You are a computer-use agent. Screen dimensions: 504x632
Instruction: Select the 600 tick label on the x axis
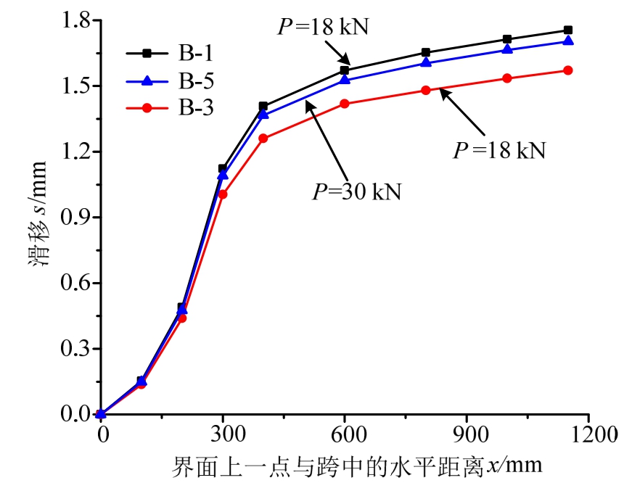click(x=344, y=434)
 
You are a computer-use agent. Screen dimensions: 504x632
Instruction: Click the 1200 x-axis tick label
click(x=588, y=434)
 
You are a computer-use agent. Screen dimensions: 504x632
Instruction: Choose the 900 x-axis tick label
click(x=466, y=434)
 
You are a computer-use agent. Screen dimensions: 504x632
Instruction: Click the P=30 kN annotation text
click(x=356, y=192)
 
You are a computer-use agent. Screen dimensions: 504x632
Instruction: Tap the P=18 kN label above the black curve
click(x=324, y=28)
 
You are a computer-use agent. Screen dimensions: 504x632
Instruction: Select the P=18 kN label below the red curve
click(x=499, y=151)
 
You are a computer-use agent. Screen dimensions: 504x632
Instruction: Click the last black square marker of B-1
click(x=567, y=30)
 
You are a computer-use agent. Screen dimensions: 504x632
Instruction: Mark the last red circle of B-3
click(x=567, y=70)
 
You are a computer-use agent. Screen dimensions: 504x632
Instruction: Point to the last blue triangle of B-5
click(x=567, y=41)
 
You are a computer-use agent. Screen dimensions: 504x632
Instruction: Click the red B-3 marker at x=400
click(x=263, y=139)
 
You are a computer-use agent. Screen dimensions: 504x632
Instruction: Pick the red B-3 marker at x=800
click(x=425, y=91)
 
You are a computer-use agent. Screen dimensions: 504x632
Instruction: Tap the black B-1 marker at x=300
click(x=223, y=168)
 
